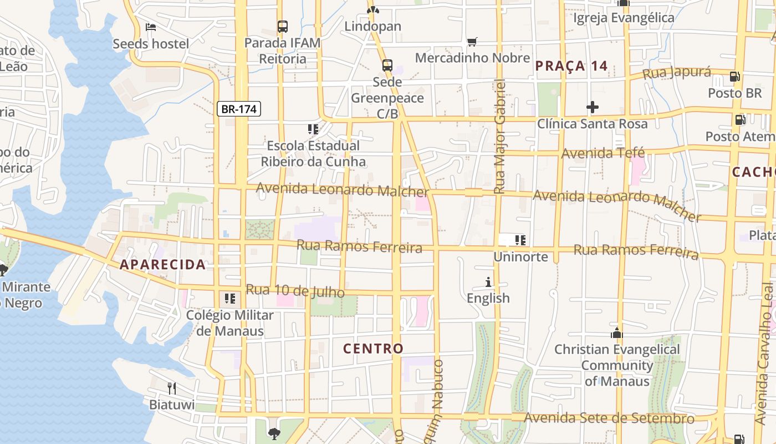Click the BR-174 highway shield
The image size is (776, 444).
pyautogui.click(x=239, y=109)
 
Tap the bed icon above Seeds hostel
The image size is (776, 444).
pyautogui.click(x=151, y=27)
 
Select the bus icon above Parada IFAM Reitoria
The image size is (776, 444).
pyautogui.click(x=283, y=26)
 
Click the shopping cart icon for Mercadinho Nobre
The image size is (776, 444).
pyautogui.click(x=472, y=42)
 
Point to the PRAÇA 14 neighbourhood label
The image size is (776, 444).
pyautogui.click(x=571, y=66)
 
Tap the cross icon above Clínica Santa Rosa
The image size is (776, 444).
pyautogui.click(x=592, y=107)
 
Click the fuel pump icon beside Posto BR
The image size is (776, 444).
pyautogui.click(x=735, y=77)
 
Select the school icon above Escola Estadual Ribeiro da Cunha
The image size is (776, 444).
pyautogui.click(x=313, y=129)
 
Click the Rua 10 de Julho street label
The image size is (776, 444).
pyautogui.click(x=295, y=290)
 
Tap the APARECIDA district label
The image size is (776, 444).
pyautogui.click(x=163, y=265)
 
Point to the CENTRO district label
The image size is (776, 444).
pyautogui.click(x=373, y=349)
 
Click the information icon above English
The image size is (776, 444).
pyautogui.click(x=488, y=282)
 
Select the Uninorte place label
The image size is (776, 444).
pyautogui.click(x=520, y=257)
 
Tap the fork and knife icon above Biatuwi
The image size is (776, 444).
pyautogui.click(x=172, y=387)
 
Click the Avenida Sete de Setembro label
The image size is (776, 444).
pyautogui.click(x=609, y=418)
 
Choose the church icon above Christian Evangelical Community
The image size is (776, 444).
pyautogui.click(x=616, y=333)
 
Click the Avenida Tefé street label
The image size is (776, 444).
pyautogui.click(x=603, y=153)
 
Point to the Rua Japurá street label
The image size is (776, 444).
pyautogui.click(x=677, y=73)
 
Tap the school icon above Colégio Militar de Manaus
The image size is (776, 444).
pyautogui.click(x=229, y=299)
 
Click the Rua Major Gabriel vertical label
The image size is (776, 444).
pyautogui.click(x=500, y=137)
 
